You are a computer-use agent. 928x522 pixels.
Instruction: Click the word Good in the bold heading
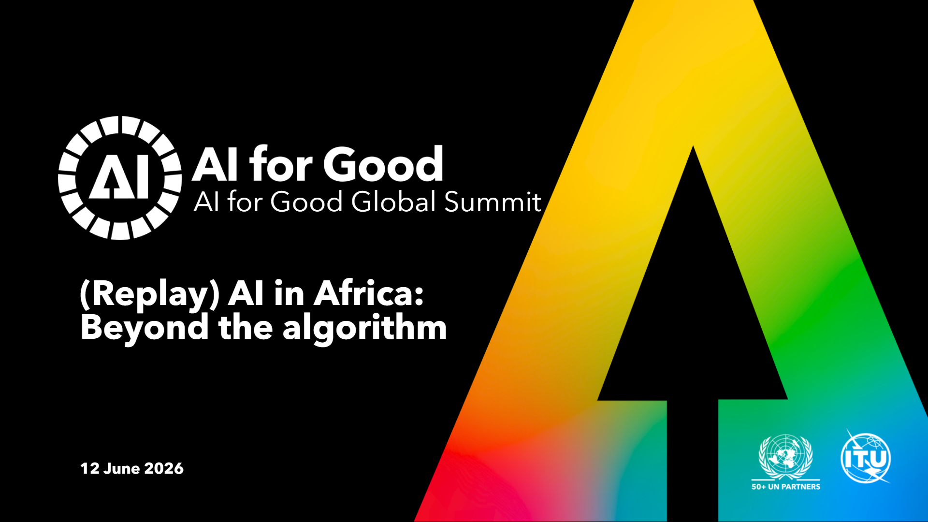(x=383, y=164)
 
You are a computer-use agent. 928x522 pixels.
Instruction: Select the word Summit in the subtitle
(x=493, y=202)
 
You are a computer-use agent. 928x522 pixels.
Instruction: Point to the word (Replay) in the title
(x=150, y=294)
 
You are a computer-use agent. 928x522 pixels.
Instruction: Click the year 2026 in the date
(x=164, y=468)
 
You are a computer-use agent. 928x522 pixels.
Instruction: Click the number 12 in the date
(x=89, y=468)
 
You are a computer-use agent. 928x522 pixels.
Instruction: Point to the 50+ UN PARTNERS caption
(x=786, y=487)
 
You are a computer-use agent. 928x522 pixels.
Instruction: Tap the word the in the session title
(x=246, y=328)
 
